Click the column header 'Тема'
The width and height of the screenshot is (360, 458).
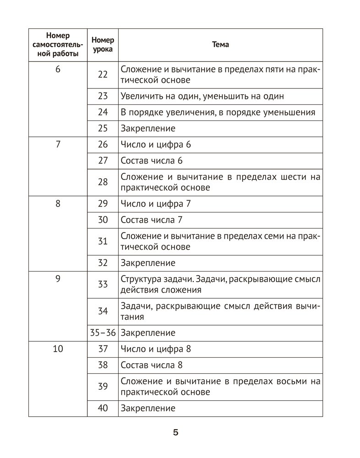(221, 45)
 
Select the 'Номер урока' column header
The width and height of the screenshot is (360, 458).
(103, 45)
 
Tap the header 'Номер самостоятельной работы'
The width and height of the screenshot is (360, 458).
(58, 45)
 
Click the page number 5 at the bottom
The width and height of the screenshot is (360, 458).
(175, 433)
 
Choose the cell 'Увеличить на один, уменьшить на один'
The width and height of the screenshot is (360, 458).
(202, 96)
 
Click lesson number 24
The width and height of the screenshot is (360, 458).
(103, 112)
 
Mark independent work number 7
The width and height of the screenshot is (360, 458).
(58, 145)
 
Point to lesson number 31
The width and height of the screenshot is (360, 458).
(103, 241)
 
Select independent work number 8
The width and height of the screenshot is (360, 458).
(58, 203)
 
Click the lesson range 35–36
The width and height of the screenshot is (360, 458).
(103, 333)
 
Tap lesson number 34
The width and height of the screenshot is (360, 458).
(103, 311)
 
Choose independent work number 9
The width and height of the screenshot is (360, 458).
(58, 278)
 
